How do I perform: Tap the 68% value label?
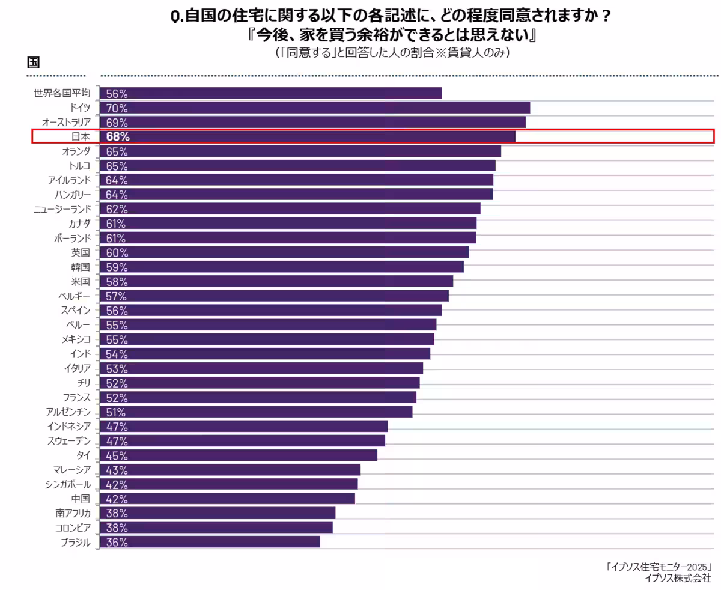point(117,136)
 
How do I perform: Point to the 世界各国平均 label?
point(62,93)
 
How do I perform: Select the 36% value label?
point(117,542)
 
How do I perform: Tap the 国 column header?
point(33,62)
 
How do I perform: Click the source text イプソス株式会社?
point(677,578)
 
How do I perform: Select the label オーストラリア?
point(66,122)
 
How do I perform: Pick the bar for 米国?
point(276,281)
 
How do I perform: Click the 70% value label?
point(117,108)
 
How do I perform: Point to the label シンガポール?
point(67,484)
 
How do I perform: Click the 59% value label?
point(117,267)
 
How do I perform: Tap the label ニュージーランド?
point(62,209)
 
